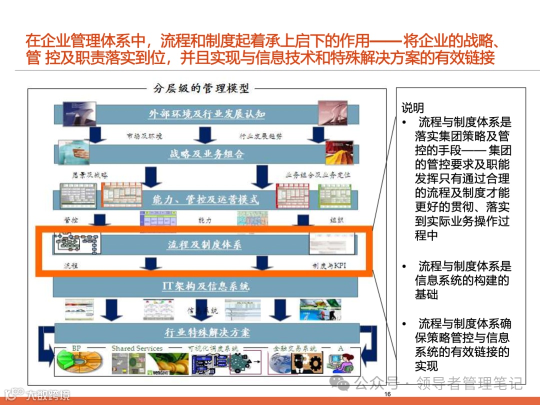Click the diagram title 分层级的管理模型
[201, 88]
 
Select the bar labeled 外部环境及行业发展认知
[206, 114]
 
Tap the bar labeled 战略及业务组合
[206, 154]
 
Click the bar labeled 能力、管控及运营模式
[206, 199]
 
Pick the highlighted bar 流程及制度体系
[204, 244]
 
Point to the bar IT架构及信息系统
[205, 286]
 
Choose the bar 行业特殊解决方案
[207, 332]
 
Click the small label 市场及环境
[145, 135]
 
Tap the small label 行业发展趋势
[260, 135]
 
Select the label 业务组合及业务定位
[318, 175]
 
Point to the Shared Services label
[137, 348]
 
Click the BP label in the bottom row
[76, 348]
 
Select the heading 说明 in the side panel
[412, 107]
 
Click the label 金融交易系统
[294, 348]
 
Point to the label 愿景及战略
[90, 175]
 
